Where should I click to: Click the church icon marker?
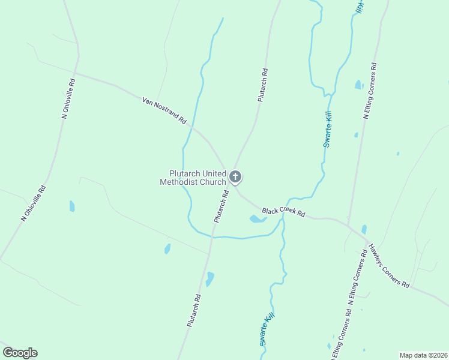(x=235, y=177)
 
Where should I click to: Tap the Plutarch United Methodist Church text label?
(x=193, y=178)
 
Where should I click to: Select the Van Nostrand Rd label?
(x=164, y=110)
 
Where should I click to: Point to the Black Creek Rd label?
(x=284, y=212)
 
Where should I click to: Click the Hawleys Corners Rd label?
(x=389, y=265)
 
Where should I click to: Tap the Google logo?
(x=20, y=353)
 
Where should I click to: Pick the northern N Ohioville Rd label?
(x=68, y=98)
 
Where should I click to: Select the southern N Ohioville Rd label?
(x=34, y=203)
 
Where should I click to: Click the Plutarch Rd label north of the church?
(x=262, y=85)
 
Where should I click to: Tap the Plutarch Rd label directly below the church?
(x=221, y=206)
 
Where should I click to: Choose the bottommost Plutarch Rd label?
(x=193, y=310)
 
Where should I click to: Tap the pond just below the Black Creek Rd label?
(x=257, y=219)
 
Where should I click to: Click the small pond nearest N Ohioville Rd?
(x=72, y=206)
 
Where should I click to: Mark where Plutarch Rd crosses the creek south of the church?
(x=212, y=236)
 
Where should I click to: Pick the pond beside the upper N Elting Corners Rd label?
(x=358, y=85)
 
